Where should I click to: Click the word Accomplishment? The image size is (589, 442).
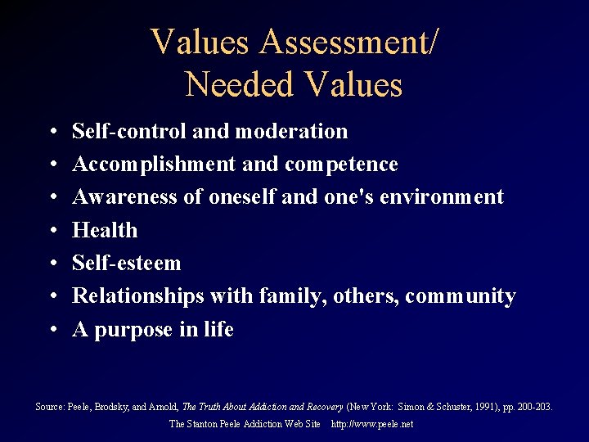click(x=155, y=165)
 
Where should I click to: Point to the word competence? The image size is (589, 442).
click(x=341, y=165)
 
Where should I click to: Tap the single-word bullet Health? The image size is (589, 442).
click(x=105, y=230)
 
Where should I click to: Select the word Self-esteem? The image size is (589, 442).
click(x=127, y=263)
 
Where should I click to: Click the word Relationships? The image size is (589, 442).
click(x=137, y=295)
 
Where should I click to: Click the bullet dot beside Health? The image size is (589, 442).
click(x=52, y=231)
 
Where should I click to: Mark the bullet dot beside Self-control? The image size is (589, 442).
click(x=52, y=132)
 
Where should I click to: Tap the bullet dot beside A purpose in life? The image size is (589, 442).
click(x=52, y=330)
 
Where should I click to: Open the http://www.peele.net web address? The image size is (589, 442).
click(x=372, y=424)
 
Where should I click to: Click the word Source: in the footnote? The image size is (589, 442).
click(x=49, y=406)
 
